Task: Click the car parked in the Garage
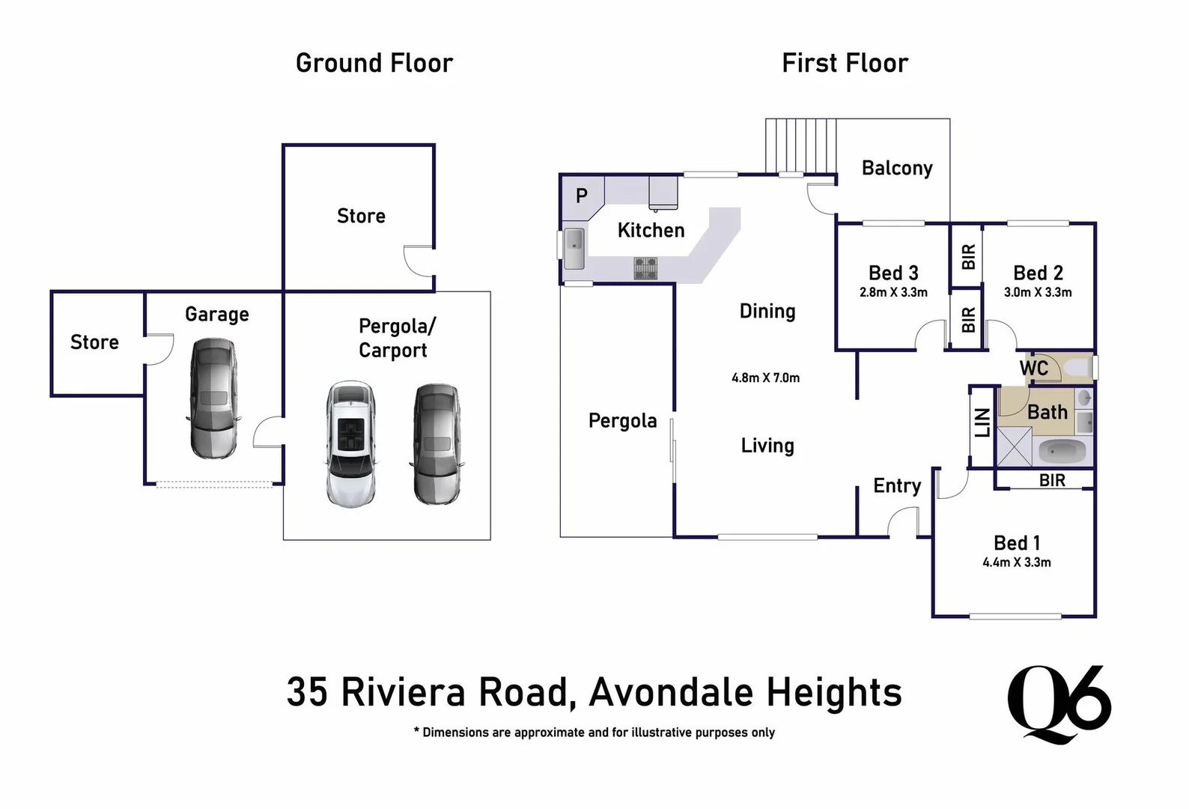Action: [213, 399]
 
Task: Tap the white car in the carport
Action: [351, 443]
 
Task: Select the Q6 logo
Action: [1059, 704]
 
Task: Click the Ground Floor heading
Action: [374, 63]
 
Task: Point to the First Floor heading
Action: [845, 63]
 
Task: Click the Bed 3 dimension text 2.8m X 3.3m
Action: [893, 292]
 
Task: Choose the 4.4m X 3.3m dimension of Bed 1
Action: [1016, 563]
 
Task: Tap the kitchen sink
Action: [574, 248]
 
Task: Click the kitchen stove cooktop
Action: [645, 267]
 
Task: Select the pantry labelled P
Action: [582, 196]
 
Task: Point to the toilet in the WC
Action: [1078, 368]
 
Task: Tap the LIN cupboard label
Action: [982, 422]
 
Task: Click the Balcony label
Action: [897, 168]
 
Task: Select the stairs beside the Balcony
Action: [800, 145]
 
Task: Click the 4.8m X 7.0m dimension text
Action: [765, 378]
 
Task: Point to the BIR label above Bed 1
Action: [1052, 480]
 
